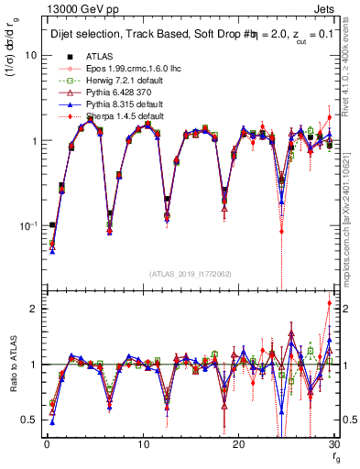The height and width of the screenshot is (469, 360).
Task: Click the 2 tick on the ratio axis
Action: click(34, 309)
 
